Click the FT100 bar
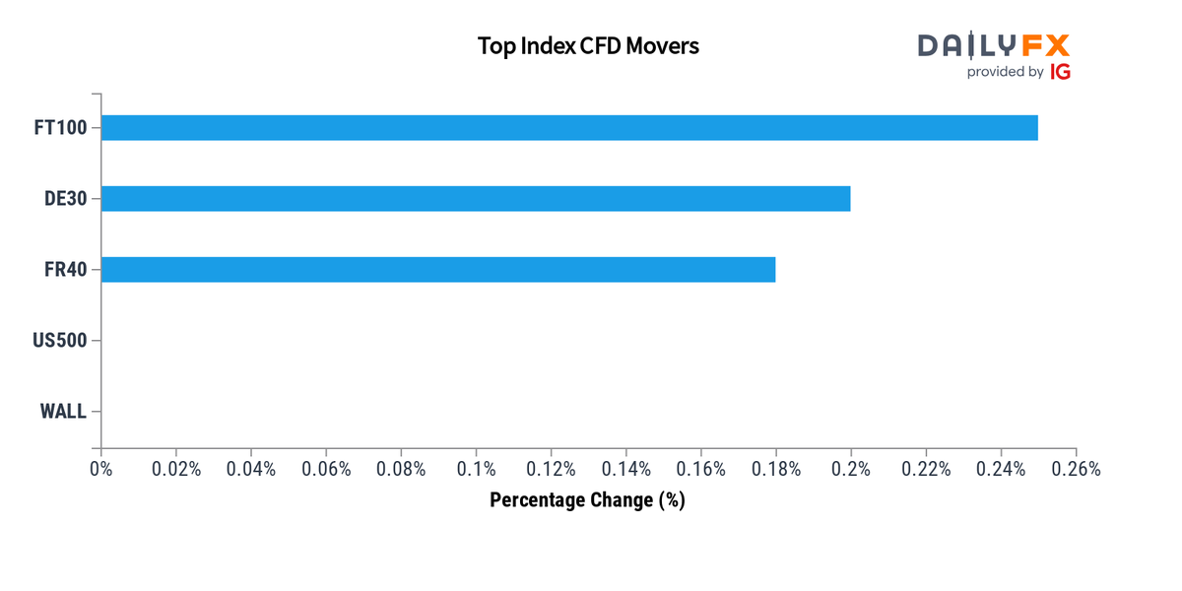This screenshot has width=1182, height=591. (569, 128)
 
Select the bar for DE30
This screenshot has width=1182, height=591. (476, 199)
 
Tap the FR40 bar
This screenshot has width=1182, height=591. (438, 270)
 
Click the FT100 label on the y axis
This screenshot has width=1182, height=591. (59, 128)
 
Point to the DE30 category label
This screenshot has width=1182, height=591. (65, 199)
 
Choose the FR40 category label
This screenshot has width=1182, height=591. (65, 270)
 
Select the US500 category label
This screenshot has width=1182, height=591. (60, 341)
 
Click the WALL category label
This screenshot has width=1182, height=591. (63, 412)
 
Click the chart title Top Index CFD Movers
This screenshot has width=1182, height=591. (588, 45)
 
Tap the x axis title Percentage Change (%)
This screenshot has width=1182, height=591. (587, 500)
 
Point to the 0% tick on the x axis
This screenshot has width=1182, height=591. (101, 470)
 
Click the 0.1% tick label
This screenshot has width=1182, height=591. (476, 470)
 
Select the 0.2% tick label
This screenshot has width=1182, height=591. (850, 470)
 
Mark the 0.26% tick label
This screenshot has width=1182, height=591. (1076, 470)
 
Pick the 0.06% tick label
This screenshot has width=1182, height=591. (326, 470)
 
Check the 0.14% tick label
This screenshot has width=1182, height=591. (625, 470)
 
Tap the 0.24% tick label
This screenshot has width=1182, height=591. (1001, 470)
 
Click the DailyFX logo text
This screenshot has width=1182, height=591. (993, 45)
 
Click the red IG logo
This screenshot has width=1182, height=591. (1060, 72)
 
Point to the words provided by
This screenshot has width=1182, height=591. (1005, 72)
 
